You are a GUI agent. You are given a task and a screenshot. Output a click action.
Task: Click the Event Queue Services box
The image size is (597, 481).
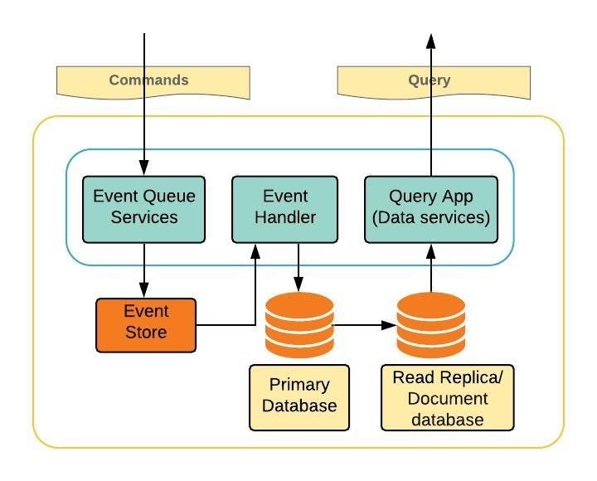pyautogui.click(x=145, y=208)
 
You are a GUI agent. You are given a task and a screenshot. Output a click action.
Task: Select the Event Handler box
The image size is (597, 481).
pyautogui.click(x=284, y=208)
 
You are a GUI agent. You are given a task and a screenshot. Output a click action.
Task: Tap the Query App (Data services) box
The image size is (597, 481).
pyautogui.click(x=431, y=208)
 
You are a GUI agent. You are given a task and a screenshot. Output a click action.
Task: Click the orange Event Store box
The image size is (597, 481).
pyautogui.click(x=146, y=323)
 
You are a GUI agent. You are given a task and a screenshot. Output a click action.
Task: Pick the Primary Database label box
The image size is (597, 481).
pyautogui.click(x=299, y=396)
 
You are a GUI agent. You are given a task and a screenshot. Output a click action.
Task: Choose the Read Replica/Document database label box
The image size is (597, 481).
pyautogui.click(x=447, y=398)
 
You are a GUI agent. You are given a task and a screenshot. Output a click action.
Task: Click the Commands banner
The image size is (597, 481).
pyautogui.click(x=153, y=81)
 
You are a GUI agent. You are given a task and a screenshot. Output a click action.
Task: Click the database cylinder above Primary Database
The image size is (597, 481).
pyautogui.click(x=299, y=324)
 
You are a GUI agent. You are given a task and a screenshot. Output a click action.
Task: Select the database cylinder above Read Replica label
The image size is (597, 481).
pyautogui.click(x=431, y=324)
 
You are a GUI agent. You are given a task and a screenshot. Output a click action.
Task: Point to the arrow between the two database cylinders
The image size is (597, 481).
pyautogui.click(x=365, y=325)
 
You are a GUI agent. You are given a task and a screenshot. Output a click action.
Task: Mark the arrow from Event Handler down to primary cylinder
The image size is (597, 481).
pyautogui.click(x=299, y=265)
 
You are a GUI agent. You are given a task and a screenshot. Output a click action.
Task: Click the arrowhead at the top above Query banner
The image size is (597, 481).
pyautogui.click(x=431, y=41)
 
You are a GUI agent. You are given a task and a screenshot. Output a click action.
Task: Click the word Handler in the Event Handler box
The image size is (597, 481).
pyautogui.click(x=284, y=218)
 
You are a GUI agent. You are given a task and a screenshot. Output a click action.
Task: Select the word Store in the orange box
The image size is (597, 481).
pyautogui.click(x=146, y=333)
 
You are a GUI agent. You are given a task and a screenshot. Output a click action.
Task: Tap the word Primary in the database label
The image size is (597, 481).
pyautogui.click(x=299, y=386)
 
